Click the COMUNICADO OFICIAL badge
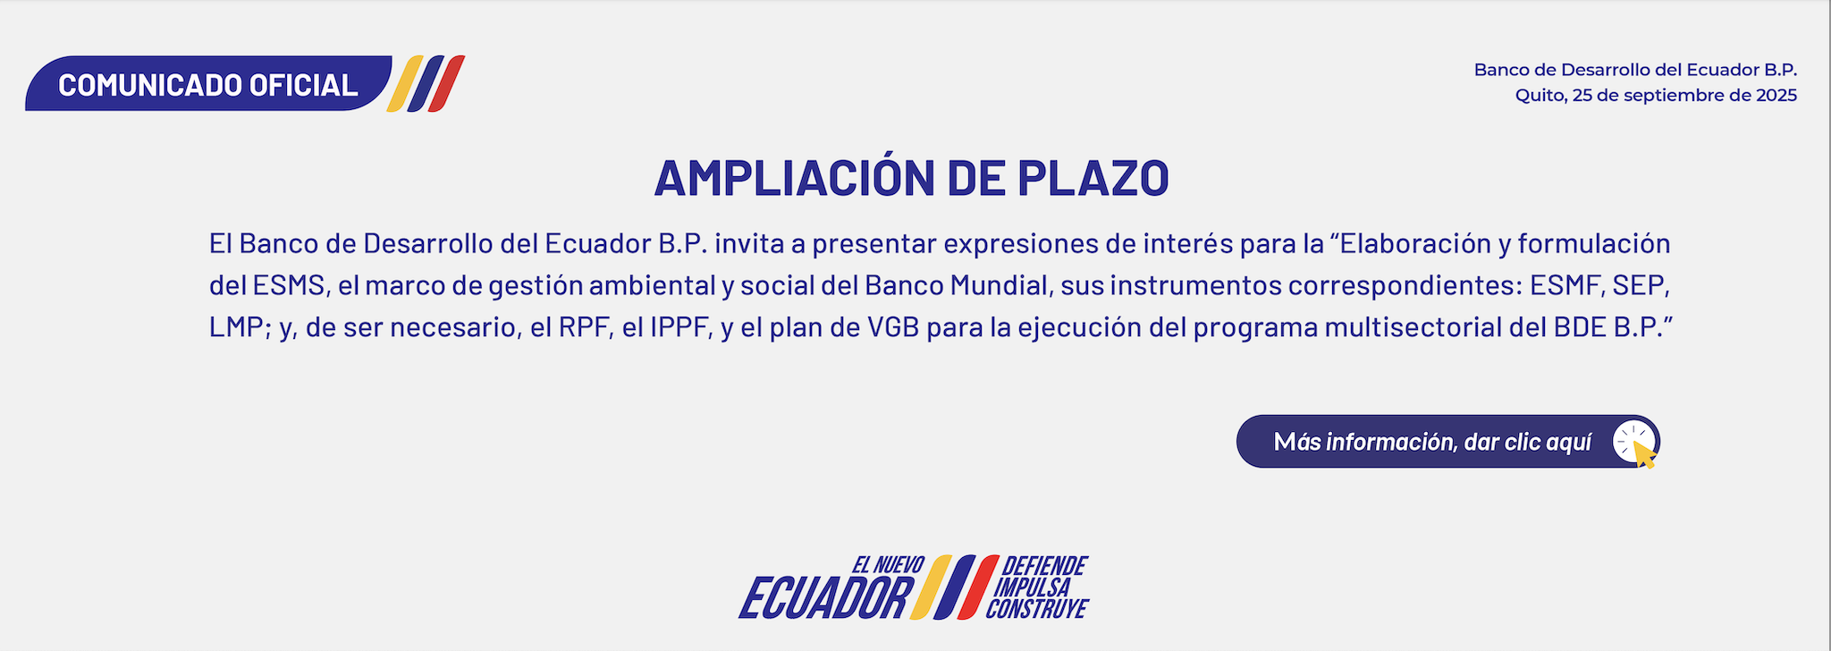tap(208, 84)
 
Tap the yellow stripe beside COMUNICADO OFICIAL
tap(405, 84)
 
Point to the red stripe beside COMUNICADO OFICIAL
tap(446, 84)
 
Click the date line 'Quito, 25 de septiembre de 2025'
tap(1656, 96)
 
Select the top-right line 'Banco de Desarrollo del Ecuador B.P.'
tap(1635, 70)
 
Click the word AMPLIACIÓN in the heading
tap(796, 177)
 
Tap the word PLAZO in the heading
tap(1093, 178)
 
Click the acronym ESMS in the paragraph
tap(289, 285)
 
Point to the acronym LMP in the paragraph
tap(236, 327)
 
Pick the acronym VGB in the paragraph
tap(893, 327)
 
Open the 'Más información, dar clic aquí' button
tap(1448, 441)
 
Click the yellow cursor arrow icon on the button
tap(1644, 453)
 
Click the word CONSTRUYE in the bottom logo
tap(1037, 609)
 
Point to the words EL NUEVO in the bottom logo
tap(887, 565)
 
